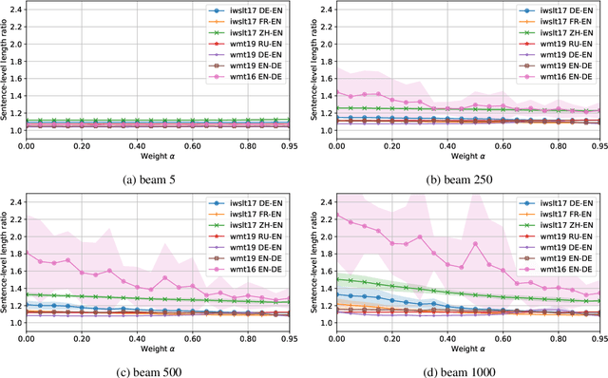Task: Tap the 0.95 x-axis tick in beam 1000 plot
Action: pos(598,337)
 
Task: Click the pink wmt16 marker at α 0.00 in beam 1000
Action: pos(335,216)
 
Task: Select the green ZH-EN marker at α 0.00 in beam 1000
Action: pos(335,279)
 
